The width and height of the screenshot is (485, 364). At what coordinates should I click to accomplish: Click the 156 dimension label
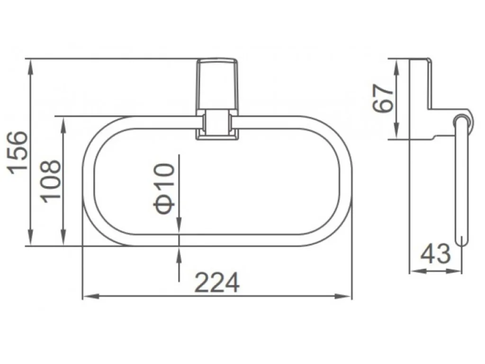[18, 153]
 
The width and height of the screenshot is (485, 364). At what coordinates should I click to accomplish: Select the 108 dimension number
[52, 181]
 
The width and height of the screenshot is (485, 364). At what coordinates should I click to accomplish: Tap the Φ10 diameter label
[164, 188]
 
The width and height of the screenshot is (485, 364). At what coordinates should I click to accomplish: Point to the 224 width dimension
[217, 282]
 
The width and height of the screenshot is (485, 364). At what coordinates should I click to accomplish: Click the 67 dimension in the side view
[384, 99]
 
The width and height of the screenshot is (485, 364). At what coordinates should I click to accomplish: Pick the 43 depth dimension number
[435, 254]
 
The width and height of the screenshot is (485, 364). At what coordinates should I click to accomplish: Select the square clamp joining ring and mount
[217, 124]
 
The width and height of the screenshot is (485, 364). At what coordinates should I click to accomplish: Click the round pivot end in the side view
[462, 121]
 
